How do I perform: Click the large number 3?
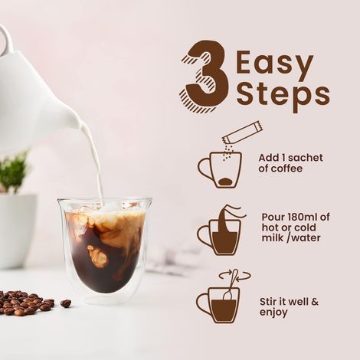[x=206, y=77]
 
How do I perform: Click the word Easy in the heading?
[x=275, y=62]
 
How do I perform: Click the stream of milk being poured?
[x=97, y=165]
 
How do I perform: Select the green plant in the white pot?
[x=13, y=172]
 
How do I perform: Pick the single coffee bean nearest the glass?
[x=66, y=303]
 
